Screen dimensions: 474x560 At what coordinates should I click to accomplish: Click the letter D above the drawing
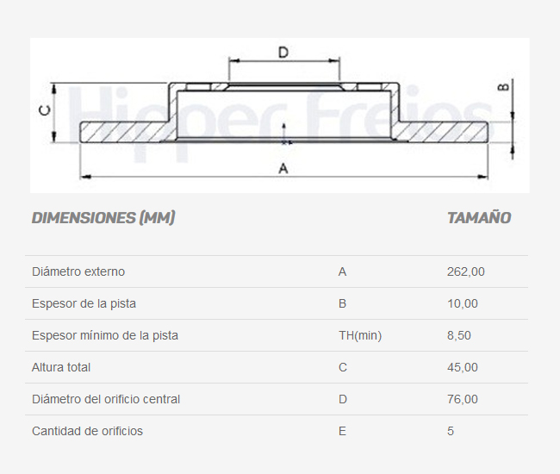point(283,53)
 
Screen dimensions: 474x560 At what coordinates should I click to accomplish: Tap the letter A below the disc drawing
point(283,169)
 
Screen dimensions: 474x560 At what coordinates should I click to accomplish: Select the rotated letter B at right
point(504,86)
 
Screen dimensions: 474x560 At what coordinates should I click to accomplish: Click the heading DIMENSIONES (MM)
point(103,218)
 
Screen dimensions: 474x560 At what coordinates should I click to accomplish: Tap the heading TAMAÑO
point(479,218)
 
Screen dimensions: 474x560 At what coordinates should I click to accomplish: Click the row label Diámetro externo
point(78,271)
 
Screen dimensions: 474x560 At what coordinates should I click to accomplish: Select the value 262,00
point(466,271)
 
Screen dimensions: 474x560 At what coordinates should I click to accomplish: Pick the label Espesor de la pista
point(84,303)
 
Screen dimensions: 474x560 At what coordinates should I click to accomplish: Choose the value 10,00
point(463,303)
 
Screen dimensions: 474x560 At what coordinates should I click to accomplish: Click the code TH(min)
point(360,335)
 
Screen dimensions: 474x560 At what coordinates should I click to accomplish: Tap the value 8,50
point(459,335)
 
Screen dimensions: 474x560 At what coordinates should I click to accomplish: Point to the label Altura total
point(61,367)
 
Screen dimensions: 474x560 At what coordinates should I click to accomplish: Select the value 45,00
point(463,367)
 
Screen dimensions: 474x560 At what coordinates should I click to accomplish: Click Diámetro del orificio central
point(106,399)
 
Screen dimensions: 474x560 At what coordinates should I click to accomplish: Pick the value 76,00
point(463,399)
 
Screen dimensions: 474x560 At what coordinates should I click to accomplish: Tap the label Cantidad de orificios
point(87,431)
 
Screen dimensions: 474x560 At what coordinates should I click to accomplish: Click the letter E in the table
point(342,431)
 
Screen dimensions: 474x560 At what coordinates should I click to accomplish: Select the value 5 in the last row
point(451,431)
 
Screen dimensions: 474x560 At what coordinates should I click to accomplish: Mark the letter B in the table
point(342,303)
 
